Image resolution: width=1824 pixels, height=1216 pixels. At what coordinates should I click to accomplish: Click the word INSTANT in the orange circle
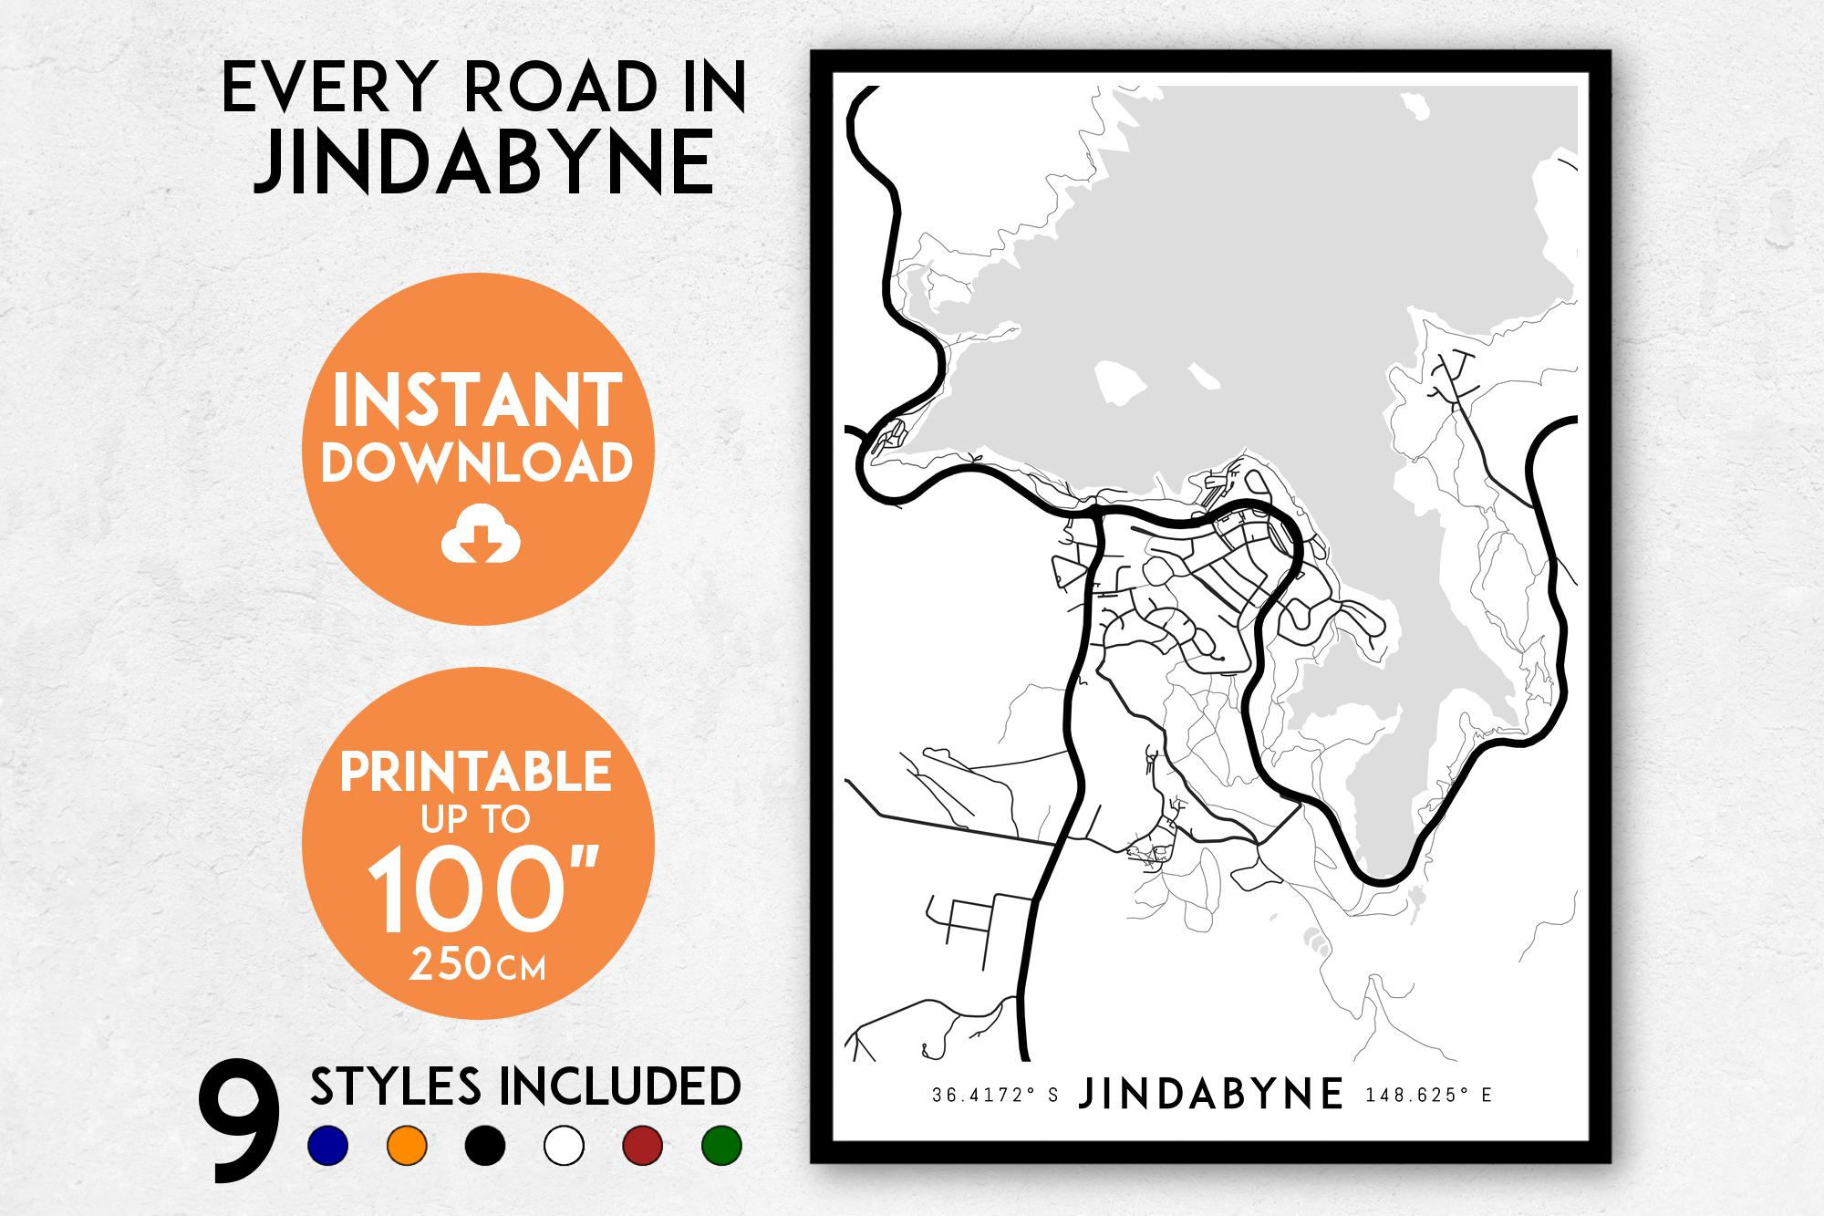pyautogui.click(x=477, y=401)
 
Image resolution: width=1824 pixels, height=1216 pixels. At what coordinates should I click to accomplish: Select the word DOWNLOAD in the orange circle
pyautogui.click(x=477, y=462)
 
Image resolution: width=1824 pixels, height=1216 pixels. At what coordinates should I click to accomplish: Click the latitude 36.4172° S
pyautogui.click(x=995, y=1096)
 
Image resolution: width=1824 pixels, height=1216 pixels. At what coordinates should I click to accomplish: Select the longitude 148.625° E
pyautogui.click(x=1427, y=1096)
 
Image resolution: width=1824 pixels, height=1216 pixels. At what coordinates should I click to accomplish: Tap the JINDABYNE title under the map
pyautogui.click(x=1211, y=1095)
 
